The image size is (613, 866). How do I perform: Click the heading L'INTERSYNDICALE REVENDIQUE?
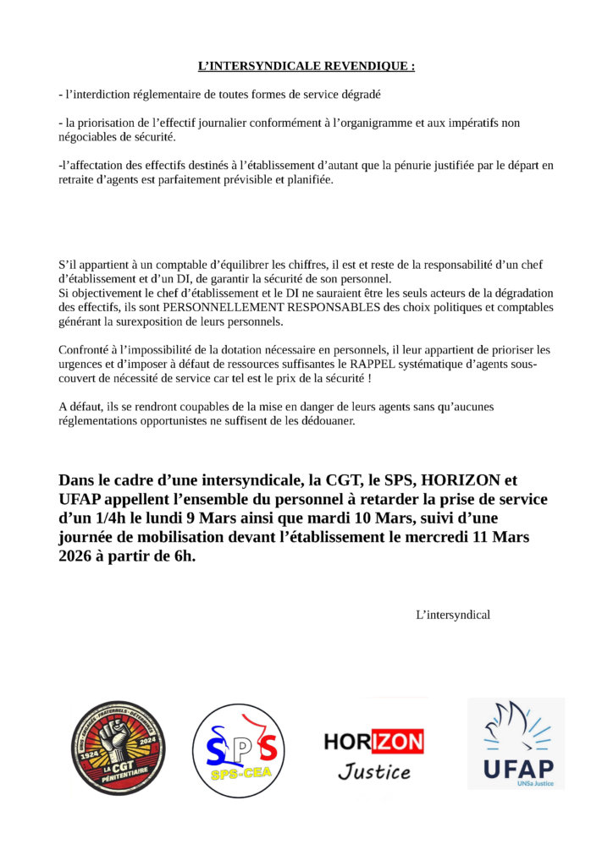306,65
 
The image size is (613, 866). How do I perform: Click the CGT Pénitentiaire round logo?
118,748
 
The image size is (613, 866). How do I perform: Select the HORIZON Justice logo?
373,754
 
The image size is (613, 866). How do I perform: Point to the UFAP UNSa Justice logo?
516,743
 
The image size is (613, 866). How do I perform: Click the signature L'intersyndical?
453,614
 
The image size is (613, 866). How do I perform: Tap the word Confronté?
86,349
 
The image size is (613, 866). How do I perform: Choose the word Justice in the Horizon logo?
373,771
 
